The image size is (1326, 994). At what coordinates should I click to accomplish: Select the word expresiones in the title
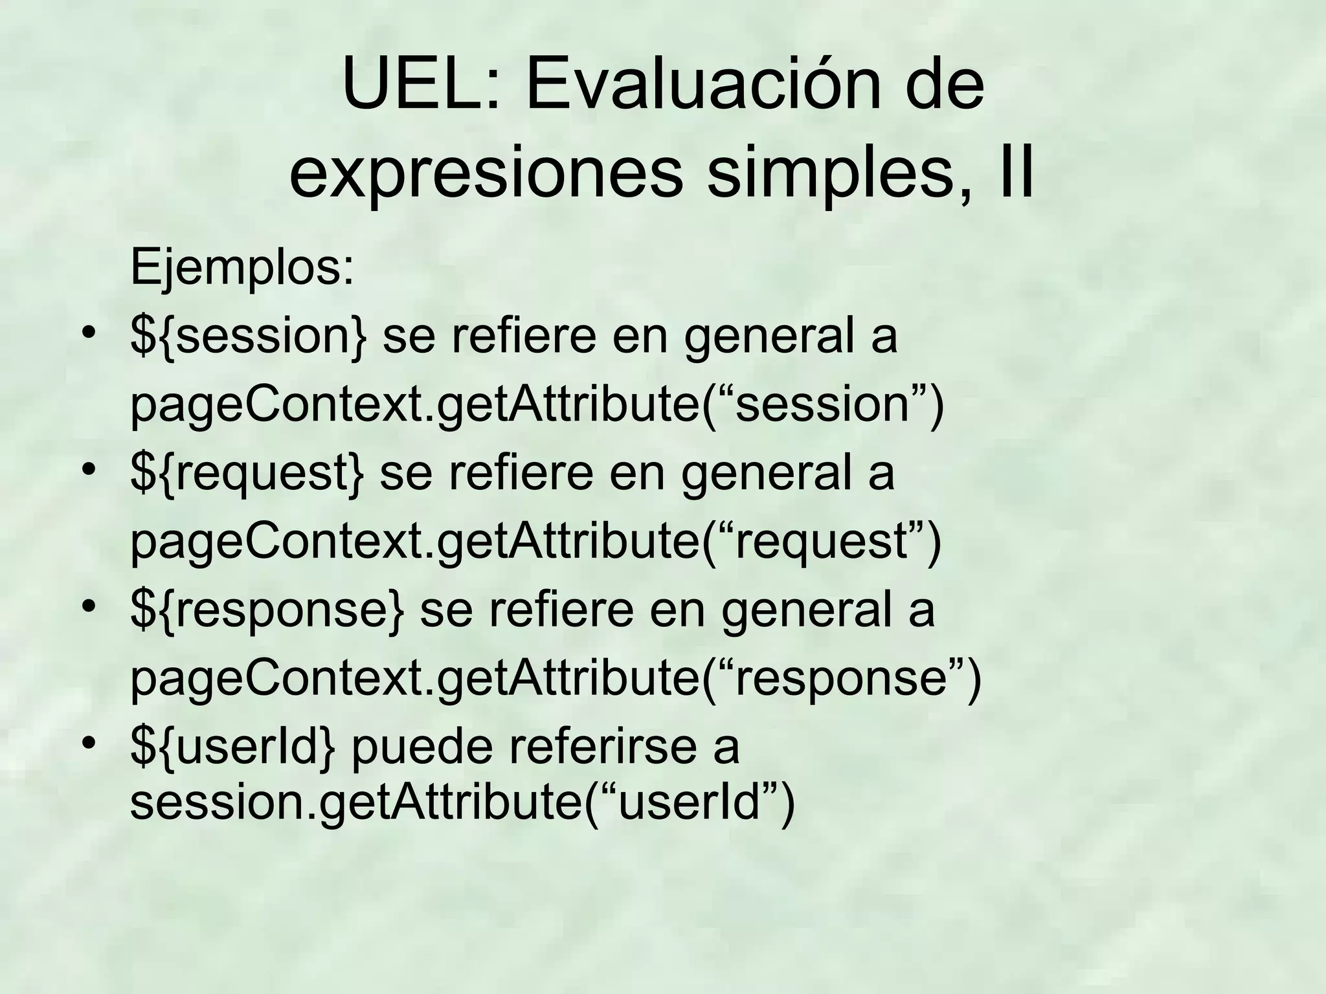click(486, 175)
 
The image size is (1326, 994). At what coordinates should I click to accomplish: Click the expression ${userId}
click(233, 747)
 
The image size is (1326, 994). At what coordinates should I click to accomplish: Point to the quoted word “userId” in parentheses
click(690, 802)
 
